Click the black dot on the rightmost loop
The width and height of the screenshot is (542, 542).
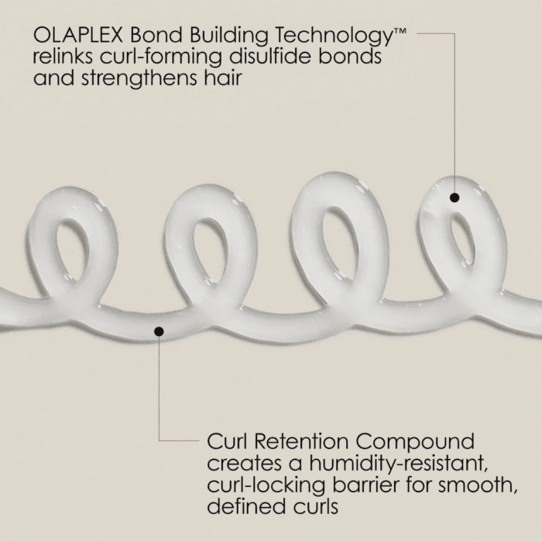(455, 197)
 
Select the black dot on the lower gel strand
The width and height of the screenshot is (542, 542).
(159, 331)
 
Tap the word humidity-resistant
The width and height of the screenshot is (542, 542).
(402, 465)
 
